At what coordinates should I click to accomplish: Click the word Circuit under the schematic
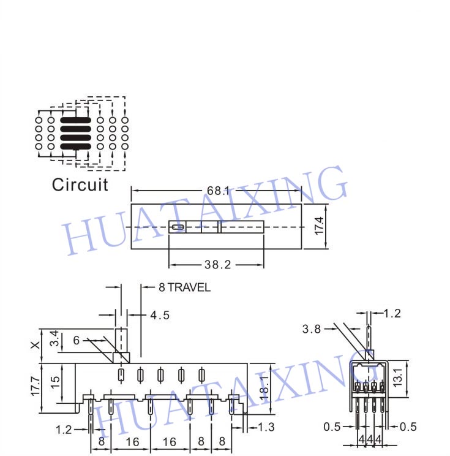click(80, 184)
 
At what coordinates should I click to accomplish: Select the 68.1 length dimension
click(218, 191)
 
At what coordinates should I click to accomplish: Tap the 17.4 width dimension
click(319, 226)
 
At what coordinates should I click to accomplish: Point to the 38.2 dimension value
click(217, 265)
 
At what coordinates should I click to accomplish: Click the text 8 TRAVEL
click(184, 287)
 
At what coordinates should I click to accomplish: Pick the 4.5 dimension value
click(160, 315)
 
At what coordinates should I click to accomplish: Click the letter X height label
click(36, 345)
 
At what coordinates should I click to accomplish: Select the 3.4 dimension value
click(54, 338)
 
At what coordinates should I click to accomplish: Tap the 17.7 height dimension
click(35, 387)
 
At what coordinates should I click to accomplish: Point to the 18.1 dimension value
click(264, 388)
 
